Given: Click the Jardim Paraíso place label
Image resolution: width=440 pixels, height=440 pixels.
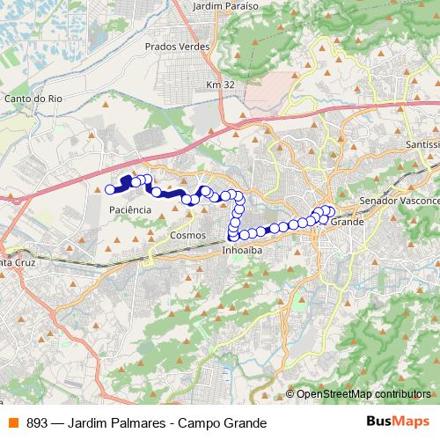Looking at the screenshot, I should pyautogui.click(x=224, y=5).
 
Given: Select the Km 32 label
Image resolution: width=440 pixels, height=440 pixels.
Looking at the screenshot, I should pyautogui.click(x=220, y=84).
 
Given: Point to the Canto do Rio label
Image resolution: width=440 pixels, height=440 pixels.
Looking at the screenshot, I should pyautogui.click(x=32, y=99).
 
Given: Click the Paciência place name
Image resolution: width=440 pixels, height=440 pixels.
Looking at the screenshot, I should pyautogui.click(x=129, y=210).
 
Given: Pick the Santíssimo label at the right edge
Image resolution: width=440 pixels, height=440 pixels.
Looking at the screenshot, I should pyautogui.click(x=422, y=143).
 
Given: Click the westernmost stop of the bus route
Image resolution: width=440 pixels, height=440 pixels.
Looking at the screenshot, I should pyautogui.click(x=110, y=188).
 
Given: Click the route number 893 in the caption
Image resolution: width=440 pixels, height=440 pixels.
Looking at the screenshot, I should pyautogui.click(x=36, y=421).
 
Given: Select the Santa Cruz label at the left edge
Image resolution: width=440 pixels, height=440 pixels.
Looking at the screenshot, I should pyautogui.click(x=18, y=262).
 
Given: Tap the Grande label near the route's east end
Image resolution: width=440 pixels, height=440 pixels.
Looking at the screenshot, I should pyautogui.click(x=346, y=223).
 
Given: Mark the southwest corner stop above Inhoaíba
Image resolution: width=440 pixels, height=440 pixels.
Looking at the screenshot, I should pyautogui.click(x=233, y=235).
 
